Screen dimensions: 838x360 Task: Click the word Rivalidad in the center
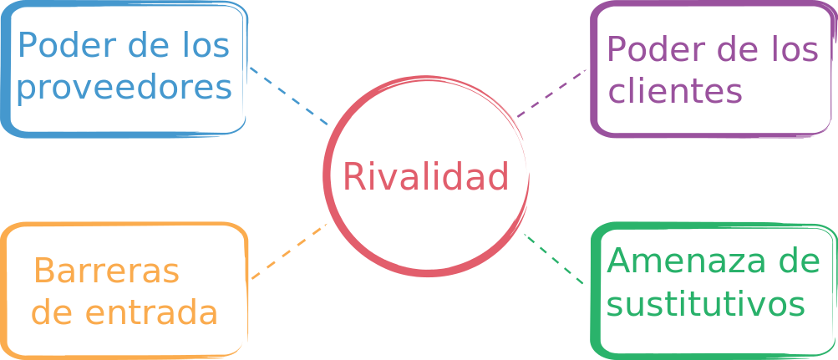tap(425, 176)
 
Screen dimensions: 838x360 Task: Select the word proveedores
tap(124, 89)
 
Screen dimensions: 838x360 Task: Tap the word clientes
tap(676, 91)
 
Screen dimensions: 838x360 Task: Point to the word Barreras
tap(106, 271)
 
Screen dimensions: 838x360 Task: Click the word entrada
tap(152, 312)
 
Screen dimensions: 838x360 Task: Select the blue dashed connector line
tap(289, 96)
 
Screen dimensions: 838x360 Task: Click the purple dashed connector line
tap(551, 93)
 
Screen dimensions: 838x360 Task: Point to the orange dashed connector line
tap(288, 251)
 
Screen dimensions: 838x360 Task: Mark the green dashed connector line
tap(553, 259)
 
